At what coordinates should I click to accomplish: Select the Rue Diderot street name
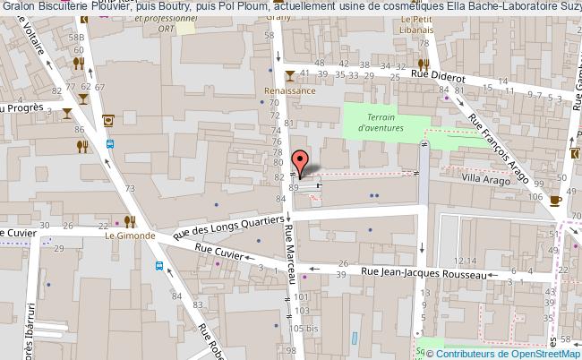(x=438, y=78)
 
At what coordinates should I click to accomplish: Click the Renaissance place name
(x=289, y=91)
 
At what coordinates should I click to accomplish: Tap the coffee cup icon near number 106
(x=555, y=201)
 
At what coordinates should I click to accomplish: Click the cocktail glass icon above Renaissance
(x=289, y=74)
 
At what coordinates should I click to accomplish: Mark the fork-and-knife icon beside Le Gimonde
(x=130, y=220)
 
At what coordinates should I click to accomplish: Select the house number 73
(x=130, y=188)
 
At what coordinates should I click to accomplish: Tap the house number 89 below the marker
(x=294, y=188)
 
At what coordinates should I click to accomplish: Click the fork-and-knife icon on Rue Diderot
(x=424, y=64)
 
